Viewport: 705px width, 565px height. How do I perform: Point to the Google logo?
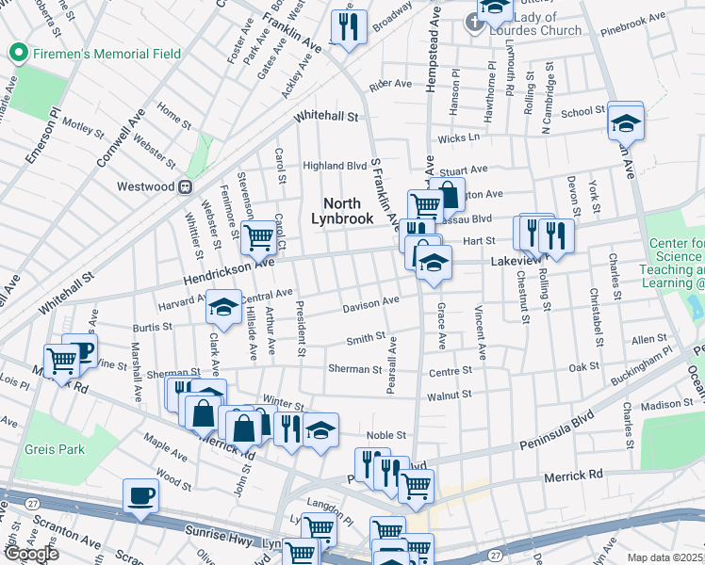coord(30,554)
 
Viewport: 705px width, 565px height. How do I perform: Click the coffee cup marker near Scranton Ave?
coord(141,495)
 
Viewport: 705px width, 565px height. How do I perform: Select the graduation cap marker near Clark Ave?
coord(224,307)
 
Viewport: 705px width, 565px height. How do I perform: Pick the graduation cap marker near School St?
coord(625,122)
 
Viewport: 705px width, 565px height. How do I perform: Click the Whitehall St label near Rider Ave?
coord(326,118)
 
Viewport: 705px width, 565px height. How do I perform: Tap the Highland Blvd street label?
coord(335,166)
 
